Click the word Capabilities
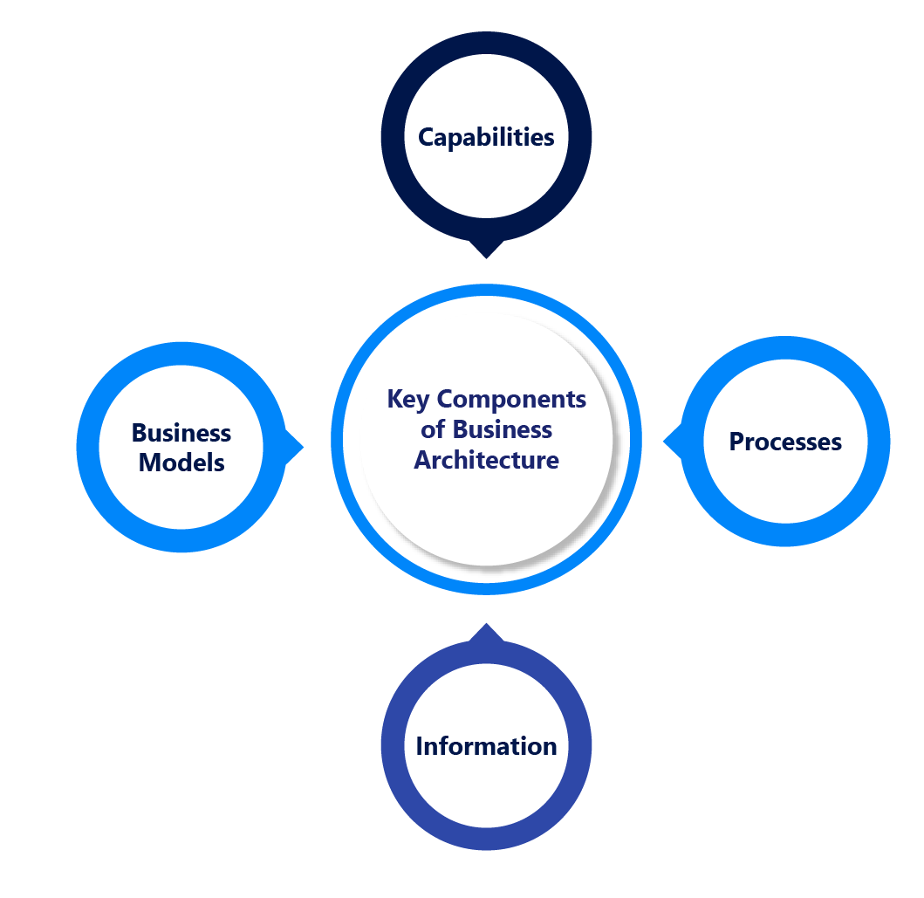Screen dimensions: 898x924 [486, 138]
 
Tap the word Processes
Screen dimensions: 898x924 [785, 442]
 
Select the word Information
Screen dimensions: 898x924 [486, 747]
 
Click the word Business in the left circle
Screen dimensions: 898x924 [181, 433]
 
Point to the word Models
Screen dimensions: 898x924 [181, 463]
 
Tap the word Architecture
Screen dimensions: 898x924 [486, 460]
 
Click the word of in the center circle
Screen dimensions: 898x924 [433, 430]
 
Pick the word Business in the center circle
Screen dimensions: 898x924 [503, 430]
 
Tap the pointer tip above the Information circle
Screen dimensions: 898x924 [486, 626]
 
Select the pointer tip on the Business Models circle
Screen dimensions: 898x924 [301, 448]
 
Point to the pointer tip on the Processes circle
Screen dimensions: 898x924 [666, 442]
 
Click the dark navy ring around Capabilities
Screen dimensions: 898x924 [393, 138]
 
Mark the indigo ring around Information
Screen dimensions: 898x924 [393, 745]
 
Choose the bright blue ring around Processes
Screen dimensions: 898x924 [879, 442]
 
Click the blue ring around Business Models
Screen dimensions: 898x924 [87, 447]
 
